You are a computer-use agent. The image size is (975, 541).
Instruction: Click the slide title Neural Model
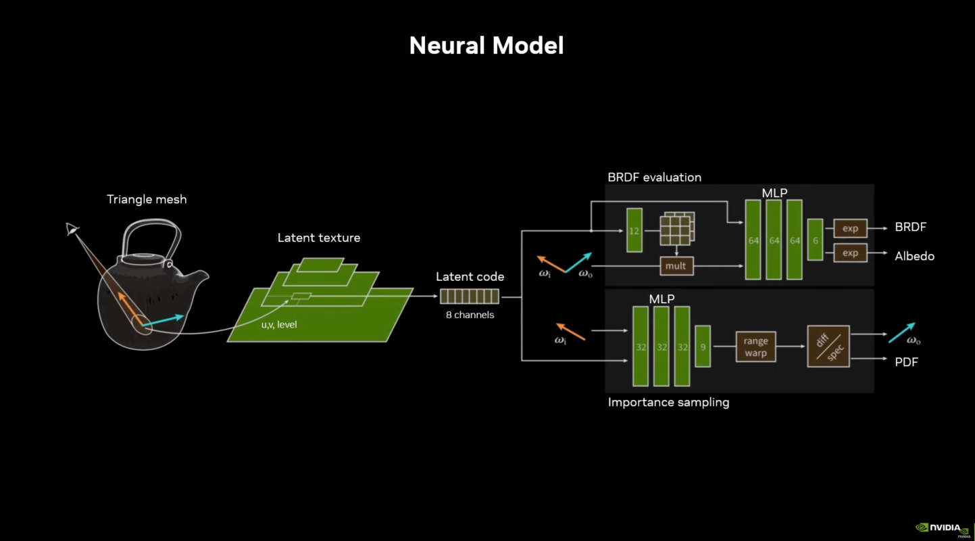[x=486, y=45]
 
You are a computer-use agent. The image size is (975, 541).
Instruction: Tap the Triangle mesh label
[x=147, y=199]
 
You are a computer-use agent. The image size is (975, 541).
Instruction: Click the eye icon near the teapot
[x=72, y=230]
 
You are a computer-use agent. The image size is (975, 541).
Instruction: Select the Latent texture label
[x=319, y=238]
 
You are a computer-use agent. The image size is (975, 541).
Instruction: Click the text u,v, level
[x=279, y=325]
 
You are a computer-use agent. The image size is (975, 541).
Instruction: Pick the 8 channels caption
[x=470, y=315]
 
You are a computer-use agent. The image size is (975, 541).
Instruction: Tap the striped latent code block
[x=470, y=297]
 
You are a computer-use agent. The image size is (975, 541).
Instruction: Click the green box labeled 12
[x=634, y=230]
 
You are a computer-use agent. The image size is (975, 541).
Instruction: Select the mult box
[x=676, y=266]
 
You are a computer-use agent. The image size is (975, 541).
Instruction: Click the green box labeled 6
[x=815, y=240]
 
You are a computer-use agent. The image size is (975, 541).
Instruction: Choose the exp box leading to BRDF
[x=850, y=228]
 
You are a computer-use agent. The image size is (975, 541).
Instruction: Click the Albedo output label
[x=914, y=257]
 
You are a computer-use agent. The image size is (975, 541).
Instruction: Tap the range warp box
[x=755, y=346]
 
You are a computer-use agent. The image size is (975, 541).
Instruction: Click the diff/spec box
[x=828, y=346]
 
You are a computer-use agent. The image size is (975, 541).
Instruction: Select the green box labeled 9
[x=703, y=346]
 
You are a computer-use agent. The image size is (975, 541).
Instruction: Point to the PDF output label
[x=906, y=362]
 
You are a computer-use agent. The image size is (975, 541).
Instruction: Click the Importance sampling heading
[x=668, y=403]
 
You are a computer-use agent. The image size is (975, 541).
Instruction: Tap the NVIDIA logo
[x=942, y=527]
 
